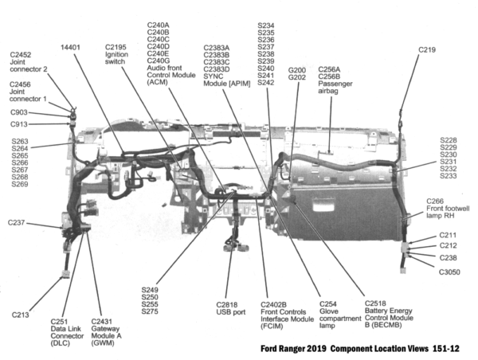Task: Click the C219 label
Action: (x=427, y=49)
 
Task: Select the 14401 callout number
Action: (x=71, y=48)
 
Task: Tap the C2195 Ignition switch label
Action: (x=116, y=54)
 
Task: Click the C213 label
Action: (x=21, y=315)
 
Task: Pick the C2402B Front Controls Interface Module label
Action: (x=283, y=315)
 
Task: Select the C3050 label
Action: (x=449, y=272)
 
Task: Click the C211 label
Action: (x=448, y=236)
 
